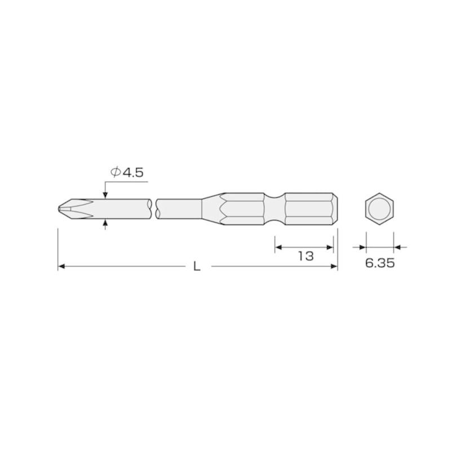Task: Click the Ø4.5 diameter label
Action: [126, 173]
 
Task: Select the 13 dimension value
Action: [305, 256]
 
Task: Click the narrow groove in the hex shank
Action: [275, 209]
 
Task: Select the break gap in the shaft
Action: [154, 209]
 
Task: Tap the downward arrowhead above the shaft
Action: [105, 194]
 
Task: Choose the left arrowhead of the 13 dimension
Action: [278, 246]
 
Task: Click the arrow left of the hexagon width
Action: [361, 246]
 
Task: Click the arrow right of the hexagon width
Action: [397, 246]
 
